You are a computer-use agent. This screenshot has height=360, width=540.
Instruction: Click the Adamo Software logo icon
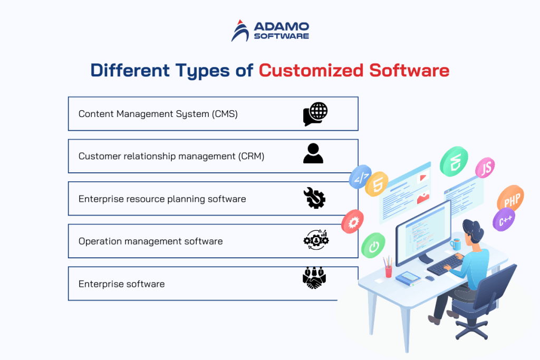click(x=241, y=31)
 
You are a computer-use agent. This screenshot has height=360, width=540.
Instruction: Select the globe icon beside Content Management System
click(x=315, y=114)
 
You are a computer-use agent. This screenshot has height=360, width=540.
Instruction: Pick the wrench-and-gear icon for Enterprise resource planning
click(x=315, y=198)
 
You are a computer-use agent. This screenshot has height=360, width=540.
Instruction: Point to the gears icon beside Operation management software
click(x=316, y=240)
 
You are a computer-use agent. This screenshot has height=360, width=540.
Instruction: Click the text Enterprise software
click(x=121, y=284)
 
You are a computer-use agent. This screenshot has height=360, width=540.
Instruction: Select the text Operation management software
click(x=150, y=241)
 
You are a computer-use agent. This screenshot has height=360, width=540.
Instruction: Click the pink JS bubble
click(x=485, y=168)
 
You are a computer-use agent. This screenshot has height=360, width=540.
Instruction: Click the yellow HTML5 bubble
click(x=377, y=184)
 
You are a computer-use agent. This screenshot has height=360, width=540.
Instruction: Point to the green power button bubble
click(x=373, y=246)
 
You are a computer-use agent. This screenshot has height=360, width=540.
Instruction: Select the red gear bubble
click(x=352, y=222)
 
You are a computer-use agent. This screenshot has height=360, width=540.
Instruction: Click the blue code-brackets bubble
click(x=360, y=177)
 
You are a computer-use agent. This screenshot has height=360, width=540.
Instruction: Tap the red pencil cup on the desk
click(x=389, y=270)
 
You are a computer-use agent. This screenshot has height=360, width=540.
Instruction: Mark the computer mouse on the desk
click(x=430, y=278)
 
